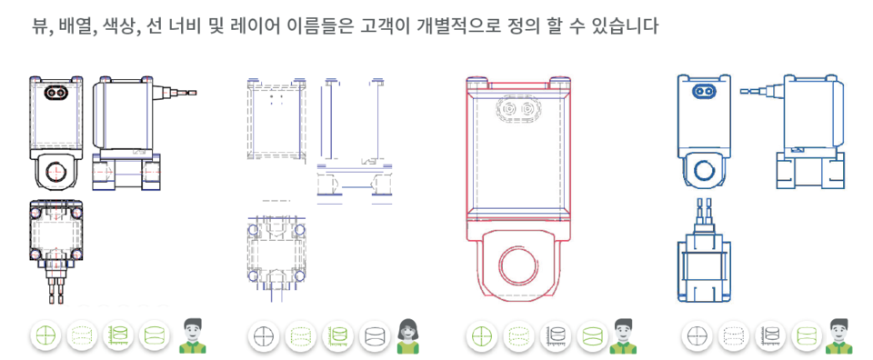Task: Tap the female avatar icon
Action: point(408,336)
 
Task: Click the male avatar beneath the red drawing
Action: point(623,336)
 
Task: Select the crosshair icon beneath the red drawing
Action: point(482,336)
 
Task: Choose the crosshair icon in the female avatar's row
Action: point(263,336)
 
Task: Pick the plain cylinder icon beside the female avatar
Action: point(374,336)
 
